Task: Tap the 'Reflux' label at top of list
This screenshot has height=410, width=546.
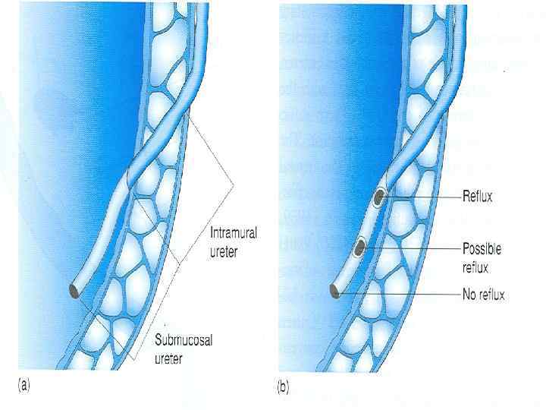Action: [478, 197]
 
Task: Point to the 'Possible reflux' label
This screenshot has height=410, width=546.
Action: [482, 256]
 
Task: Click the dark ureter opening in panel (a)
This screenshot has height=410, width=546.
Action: [74, 290]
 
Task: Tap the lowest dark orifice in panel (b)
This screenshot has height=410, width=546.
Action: [335, 289]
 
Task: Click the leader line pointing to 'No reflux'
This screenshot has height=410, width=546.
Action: [402, 291]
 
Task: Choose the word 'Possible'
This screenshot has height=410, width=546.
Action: [482, 248]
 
